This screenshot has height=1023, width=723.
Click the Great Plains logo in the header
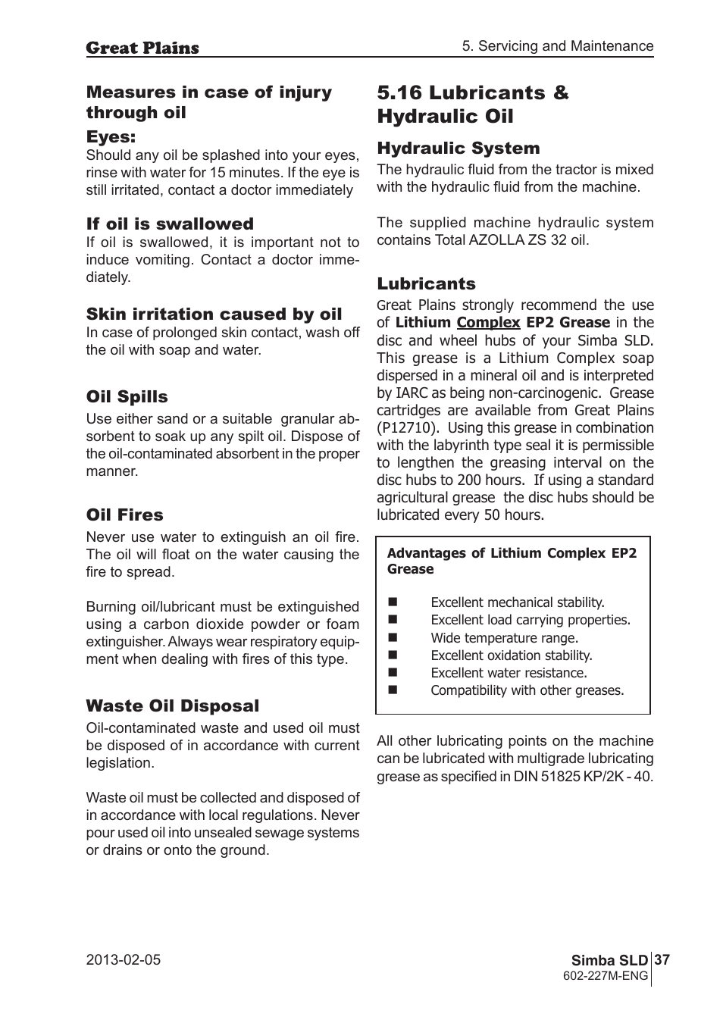click(142, 48)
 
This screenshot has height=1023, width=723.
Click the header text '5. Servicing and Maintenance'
click(558, 46)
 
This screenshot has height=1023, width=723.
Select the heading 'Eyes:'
click(111, 137)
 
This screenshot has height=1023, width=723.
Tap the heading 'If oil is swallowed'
click(170, 224)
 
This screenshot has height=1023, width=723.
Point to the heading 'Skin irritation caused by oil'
click(214, 314)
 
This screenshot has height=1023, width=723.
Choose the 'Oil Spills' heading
click(127, 397)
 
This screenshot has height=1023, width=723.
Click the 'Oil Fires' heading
click(124, 515)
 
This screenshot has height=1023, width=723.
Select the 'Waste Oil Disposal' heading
click(172, 706)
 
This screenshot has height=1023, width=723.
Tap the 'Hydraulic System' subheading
click(459, 149)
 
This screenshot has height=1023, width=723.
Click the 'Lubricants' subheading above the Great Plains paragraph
click(426, 284)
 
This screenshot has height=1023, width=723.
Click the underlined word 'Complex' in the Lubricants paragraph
click(488, 322)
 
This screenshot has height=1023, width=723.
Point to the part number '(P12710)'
click(408, 427)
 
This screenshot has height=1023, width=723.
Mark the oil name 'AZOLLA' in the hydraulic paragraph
click(496, 240)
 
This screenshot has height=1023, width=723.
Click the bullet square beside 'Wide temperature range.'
click(393, 638)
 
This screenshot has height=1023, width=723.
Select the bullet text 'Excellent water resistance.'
click(509, 673)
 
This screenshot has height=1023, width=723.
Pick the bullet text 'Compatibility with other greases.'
click(527, 690)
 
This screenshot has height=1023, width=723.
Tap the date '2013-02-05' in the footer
click(124, 960)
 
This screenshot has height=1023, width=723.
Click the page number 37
click(662, 960)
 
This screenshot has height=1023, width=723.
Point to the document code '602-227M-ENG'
click(606, 976)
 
